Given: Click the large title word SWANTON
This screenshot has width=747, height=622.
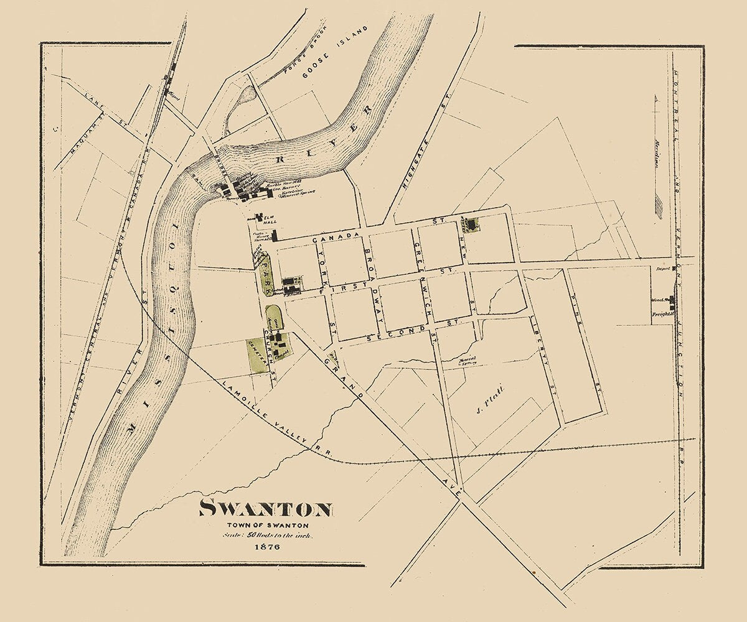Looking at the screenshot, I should (x=265, y=509).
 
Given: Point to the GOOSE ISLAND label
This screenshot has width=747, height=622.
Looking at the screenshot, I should (x=335, y=52).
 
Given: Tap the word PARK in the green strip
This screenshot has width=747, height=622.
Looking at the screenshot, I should (x=264, y=274).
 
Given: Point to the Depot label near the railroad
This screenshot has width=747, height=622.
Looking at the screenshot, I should (x=662, y=269).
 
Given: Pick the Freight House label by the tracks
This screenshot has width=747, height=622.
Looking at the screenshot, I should (x=663, y=315).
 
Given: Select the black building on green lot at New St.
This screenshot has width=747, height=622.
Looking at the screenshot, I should (x=471, y=223).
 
